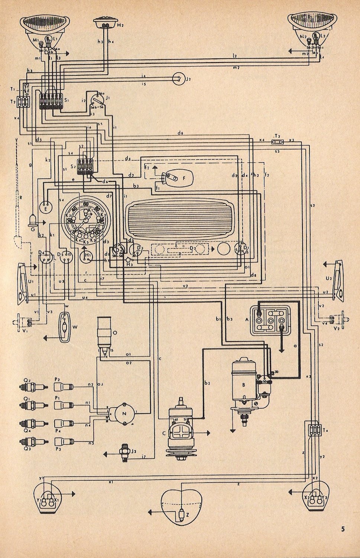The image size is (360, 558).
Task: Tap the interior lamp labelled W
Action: point(66,327)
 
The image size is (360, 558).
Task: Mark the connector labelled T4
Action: point(314,430)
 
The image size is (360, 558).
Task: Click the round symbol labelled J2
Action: point(179,78)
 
